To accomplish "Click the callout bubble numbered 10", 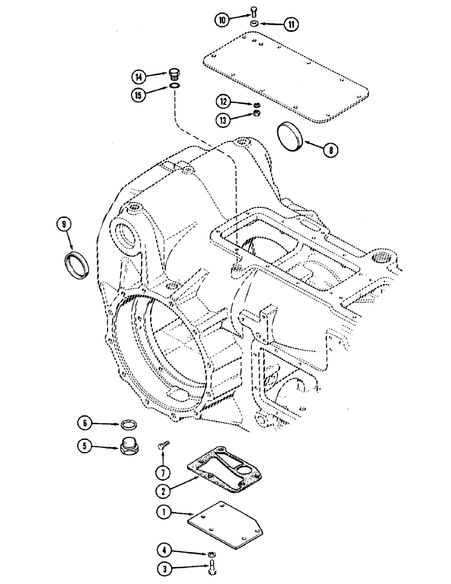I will (x=223, y=20).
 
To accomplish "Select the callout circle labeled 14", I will (x=138, y=77).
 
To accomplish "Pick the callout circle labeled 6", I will (x=85, y=422).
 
